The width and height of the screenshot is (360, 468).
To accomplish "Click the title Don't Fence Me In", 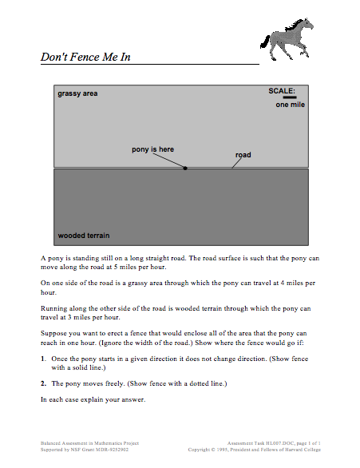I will (85, 57).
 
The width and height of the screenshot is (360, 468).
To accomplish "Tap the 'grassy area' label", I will (77, 94).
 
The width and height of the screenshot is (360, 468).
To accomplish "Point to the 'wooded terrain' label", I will (84, 236).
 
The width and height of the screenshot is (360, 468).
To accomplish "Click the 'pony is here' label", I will (152, 149).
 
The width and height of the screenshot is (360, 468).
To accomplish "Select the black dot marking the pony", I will (186, 169).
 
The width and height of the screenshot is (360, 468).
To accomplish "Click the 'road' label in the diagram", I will (243, 155).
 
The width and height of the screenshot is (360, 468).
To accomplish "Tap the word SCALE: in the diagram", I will (282, 90).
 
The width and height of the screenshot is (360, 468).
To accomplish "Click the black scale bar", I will (289, 97).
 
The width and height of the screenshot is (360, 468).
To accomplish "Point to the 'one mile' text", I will (291, 105).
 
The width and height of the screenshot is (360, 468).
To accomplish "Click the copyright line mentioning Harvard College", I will (259, 448).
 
